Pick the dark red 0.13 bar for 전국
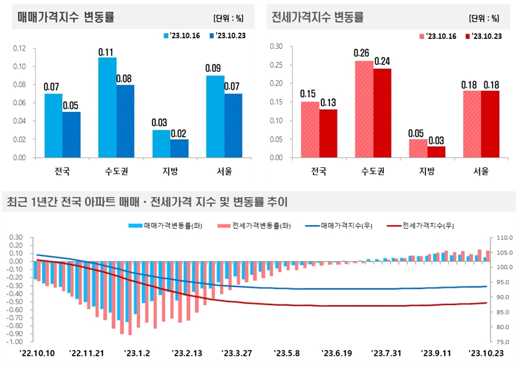[328, 134]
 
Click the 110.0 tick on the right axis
[505, 238]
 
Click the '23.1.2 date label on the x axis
[137, 353]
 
